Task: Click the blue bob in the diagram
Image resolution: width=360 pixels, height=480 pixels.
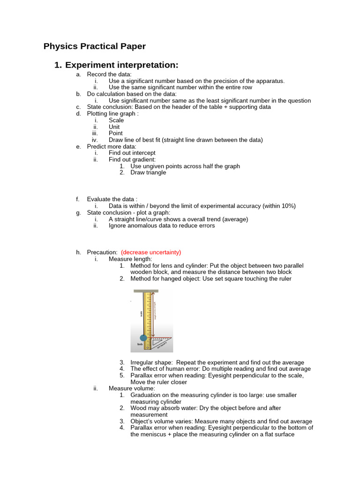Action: [x=143, y=338]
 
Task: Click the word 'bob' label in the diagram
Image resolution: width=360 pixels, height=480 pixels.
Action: [x=140, y=345]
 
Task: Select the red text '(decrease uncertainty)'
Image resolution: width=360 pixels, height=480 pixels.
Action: [x=151, y=252]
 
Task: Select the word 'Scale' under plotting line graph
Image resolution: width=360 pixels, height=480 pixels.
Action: [x=116, y=120]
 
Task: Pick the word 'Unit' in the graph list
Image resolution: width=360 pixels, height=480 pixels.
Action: [x=114, y=127]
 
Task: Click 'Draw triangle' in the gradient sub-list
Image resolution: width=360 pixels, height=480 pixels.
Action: [x=148, y=172]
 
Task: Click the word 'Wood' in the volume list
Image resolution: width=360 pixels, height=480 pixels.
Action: [x=138, y=408]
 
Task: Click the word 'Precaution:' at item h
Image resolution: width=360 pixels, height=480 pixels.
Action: [x=102, y=252]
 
